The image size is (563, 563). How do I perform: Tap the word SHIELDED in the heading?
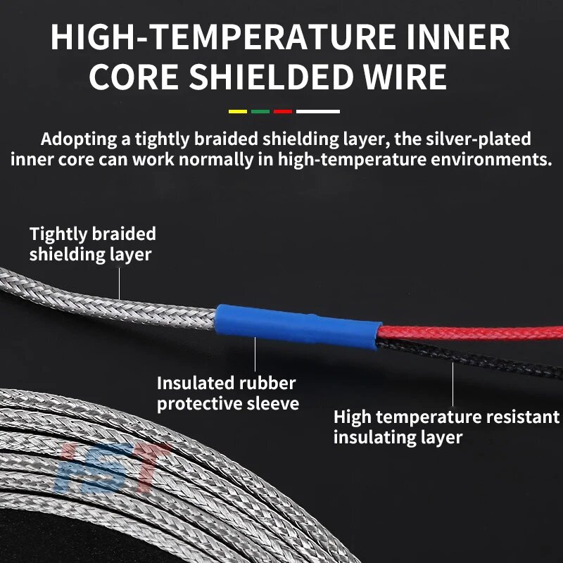(271, 77)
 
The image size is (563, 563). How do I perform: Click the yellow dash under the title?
(238, 112)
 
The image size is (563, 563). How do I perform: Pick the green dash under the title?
(260, 112)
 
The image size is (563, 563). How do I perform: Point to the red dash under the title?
(283, 112)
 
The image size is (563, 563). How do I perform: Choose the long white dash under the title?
(318, 112)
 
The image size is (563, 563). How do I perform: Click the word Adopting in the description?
(79, 139)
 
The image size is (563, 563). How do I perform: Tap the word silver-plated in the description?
(479, 139)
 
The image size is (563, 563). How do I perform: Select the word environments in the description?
(488, 160)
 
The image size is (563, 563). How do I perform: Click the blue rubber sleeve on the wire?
(298, 326)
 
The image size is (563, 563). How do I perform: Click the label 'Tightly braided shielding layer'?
(93, 244)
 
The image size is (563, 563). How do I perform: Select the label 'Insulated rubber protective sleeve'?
(228, 393)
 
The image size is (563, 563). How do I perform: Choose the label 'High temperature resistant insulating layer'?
(446, 427)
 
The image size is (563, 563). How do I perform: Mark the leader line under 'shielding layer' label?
(120, 284)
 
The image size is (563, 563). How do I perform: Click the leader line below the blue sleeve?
(255, 354)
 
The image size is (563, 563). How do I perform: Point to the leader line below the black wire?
(453, 384)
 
